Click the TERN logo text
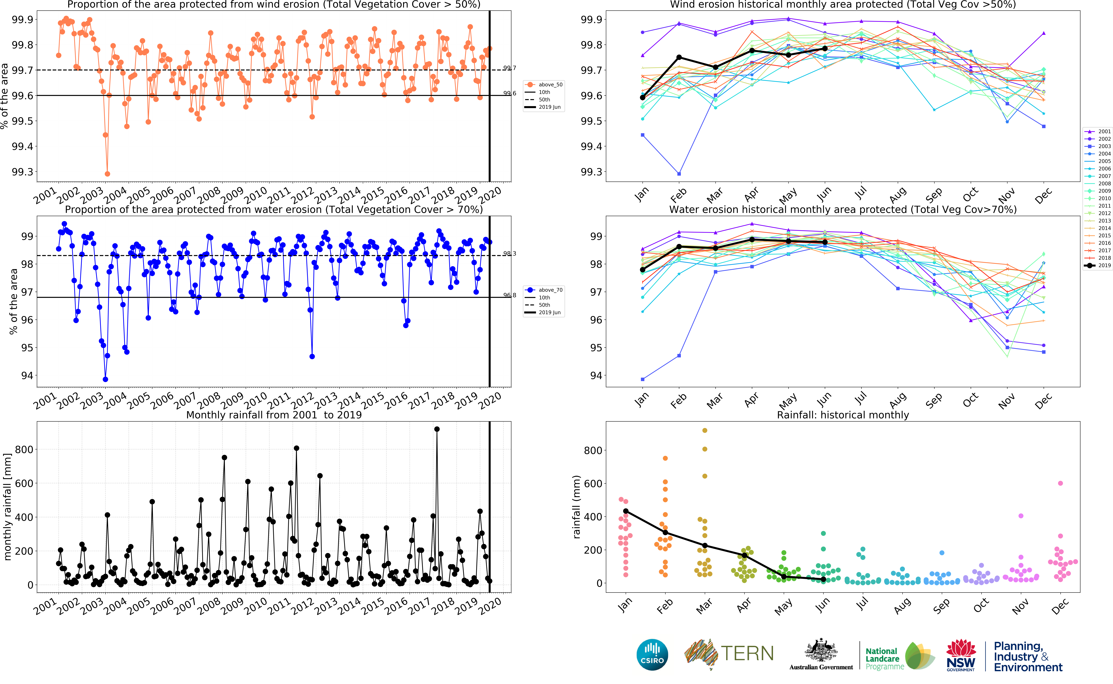click(747, 654)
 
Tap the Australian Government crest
click(821, 650)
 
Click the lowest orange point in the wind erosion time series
click(107, 174)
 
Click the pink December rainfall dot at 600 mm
click(1060, 483)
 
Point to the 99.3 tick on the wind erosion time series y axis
click(23, 172)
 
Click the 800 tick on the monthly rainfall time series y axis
click(24, 450)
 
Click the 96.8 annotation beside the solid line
click(510, 295)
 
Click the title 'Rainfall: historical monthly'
click(843, 415)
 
